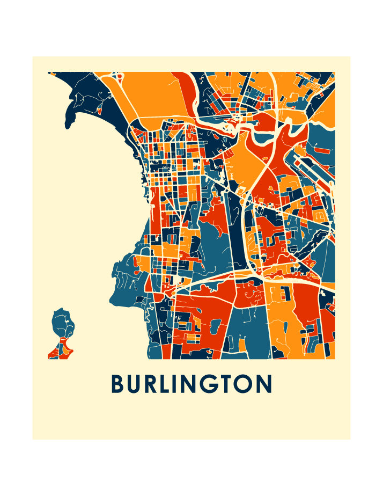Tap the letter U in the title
(136, 384)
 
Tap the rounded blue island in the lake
(62, 322)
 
